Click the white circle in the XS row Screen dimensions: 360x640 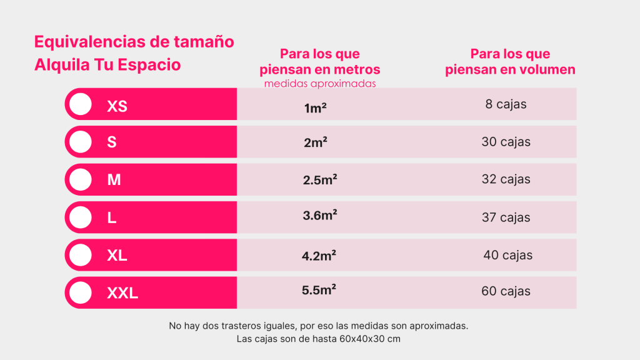81,104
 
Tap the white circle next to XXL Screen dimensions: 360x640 81,292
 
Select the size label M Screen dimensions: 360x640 114,180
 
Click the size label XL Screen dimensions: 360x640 117,256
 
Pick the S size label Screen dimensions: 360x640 112,142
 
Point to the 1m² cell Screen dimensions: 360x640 316,108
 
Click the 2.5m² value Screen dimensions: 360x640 320,180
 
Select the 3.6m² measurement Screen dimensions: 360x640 320,216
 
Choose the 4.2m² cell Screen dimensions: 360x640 319,255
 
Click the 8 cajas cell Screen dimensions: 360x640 506,104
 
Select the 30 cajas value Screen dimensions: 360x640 506,142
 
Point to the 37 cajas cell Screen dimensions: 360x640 506,217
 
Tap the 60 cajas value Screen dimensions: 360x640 506,291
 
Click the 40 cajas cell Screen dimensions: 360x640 507,255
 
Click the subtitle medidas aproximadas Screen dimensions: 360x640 320,84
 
